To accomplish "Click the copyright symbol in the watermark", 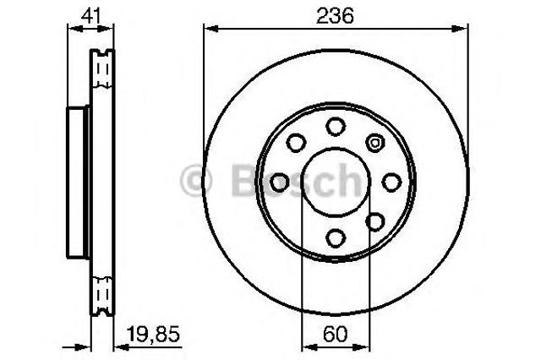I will point(195,179).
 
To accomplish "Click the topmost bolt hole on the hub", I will point(336,127).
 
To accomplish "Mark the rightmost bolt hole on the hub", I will point(391,182).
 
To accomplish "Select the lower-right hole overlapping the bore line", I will point(374,221).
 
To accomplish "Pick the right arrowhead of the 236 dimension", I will point(466,28).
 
